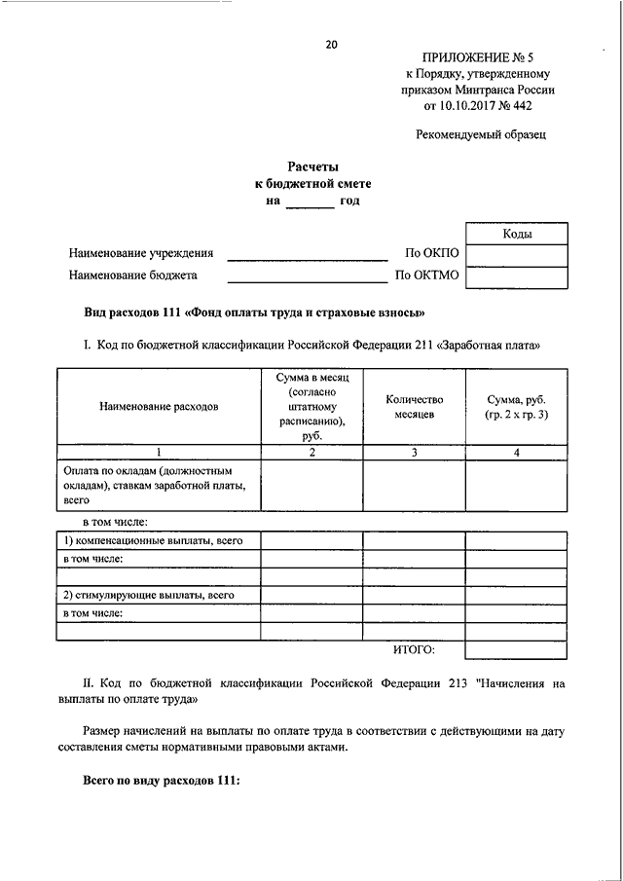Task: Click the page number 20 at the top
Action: (331, 45)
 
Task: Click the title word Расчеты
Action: (311, 166)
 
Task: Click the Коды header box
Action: (517, 234)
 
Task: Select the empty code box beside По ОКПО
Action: (517, 255)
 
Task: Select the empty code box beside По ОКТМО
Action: (517, 276)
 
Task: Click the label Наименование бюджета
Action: (132, 275)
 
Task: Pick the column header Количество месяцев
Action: (414, 407)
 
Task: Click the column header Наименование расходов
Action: (158, 407)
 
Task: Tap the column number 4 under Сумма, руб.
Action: (516, 453)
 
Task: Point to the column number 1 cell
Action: (158, 453)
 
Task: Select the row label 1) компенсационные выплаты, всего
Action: (153, 540)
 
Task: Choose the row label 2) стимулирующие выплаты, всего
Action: (150, 595)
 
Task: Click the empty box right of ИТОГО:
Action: (516, 649)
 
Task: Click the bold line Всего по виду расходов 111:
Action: (161, 782)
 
